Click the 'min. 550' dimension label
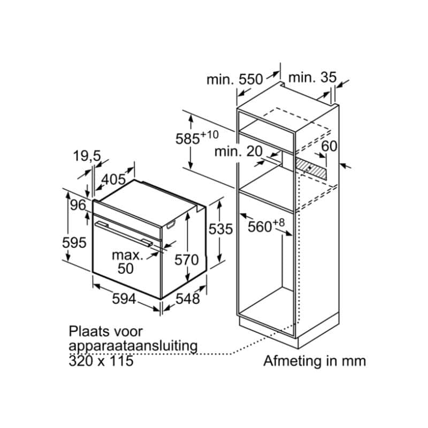pos(235,80)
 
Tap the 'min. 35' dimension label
pos(312,78)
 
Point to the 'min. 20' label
pos(239,151)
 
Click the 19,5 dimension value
pos(87,156)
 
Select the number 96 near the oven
pos(78,205)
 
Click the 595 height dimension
pos(74,243)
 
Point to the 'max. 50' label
pos(127,262)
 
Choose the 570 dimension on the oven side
pos(187,260)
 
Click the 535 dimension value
pos(221,230)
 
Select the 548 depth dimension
pos(188,299)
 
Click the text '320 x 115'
pos(101,361)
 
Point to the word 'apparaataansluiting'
pos(133,346)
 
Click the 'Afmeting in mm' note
pos(314,361)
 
